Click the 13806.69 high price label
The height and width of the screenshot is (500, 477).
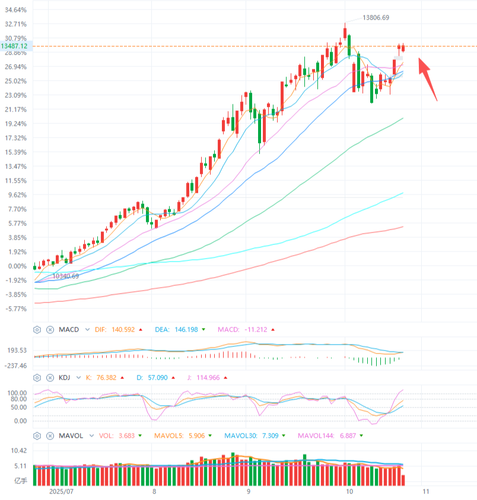(376, 18)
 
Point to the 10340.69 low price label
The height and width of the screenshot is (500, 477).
(65, 276)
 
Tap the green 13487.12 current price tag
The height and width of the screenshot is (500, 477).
(15, 46)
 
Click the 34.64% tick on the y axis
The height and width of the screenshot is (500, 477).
(15, 10)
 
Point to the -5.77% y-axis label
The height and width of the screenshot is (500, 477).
(16, 309)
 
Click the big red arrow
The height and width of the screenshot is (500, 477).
(428, 78)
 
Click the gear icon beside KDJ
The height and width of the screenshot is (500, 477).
(37, 377)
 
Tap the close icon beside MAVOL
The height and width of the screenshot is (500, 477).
(50, 436)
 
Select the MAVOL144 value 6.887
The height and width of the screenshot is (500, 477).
(351, 436)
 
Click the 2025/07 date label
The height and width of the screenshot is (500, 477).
(61, 492)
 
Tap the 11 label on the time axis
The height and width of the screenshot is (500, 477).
(425, 492)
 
